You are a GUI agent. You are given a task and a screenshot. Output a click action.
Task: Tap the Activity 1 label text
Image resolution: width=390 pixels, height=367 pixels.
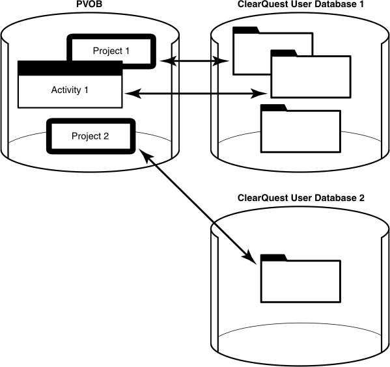[70, 89]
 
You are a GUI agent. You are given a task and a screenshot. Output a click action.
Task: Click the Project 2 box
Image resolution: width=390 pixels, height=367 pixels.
[91, 137]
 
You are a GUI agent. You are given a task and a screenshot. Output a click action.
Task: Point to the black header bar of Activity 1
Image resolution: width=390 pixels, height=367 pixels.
[70, 68]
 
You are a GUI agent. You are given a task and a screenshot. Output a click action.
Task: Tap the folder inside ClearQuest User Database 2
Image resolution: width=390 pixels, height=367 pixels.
[299, 280]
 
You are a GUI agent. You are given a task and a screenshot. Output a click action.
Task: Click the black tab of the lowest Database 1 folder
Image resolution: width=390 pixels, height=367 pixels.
[273, 107]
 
